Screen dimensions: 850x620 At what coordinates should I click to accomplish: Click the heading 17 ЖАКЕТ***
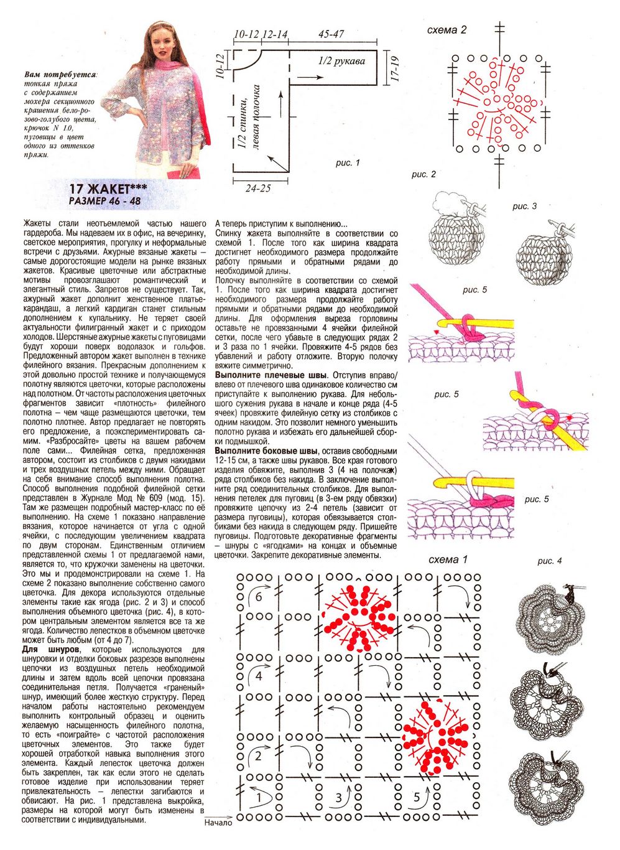point(108,189)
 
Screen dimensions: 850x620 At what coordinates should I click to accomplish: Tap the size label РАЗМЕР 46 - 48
point(105,202)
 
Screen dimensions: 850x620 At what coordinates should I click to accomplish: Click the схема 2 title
point(446,30)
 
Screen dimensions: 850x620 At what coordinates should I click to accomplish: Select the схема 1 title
point(448,559)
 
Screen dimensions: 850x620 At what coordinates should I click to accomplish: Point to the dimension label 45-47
point(331,34)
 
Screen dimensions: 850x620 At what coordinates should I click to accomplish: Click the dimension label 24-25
point(257,187)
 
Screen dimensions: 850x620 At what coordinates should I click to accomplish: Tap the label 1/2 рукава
point(341,60)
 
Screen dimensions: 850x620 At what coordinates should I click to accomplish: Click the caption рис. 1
point(348,163)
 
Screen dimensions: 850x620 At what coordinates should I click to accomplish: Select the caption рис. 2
point(423,174)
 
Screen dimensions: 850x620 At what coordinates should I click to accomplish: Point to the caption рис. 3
point(524,206)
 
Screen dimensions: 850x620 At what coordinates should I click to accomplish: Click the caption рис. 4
point(549,561)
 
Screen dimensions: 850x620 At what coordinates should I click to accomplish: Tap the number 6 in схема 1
point(259,597)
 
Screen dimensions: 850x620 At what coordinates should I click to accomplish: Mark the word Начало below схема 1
point(218,823)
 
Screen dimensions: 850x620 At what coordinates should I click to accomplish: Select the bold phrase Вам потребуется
point(60,75)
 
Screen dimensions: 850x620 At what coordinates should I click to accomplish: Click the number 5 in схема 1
point(416,797)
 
